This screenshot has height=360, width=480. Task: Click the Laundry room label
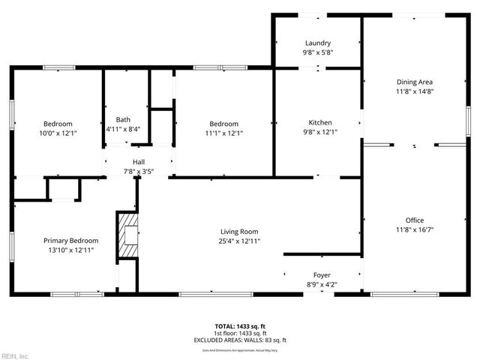click(318, 43)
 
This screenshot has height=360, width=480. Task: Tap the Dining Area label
click(415, 82)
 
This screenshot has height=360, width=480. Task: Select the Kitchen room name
click(320, 123)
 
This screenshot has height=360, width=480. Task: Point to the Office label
click(415, 220)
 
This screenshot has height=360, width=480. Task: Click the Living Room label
click(239, 232)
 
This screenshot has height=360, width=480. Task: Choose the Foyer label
click(322, 275)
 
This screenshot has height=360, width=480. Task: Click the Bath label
click(123, 120)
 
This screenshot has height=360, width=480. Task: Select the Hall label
click(139, 162)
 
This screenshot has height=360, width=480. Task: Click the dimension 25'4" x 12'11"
click(240, 241)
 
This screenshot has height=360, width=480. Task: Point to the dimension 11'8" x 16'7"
click(415, 230)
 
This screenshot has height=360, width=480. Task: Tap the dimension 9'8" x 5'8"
click(318, 53)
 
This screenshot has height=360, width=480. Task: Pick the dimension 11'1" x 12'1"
click(223, 133)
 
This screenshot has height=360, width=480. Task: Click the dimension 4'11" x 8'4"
click(123, 130)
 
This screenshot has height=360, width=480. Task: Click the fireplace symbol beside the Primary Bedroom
click(127, 235)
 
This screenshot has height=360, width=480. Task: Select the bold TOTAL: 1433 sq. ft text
click(240, 326)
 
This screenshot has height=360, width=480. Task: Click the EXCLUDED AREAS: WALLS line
click(240, 340)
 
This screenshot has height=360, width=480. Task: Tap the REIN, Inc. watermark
click(16, 355)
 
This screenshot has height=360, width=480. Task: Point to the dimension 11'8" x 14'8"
click(415, 91)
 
